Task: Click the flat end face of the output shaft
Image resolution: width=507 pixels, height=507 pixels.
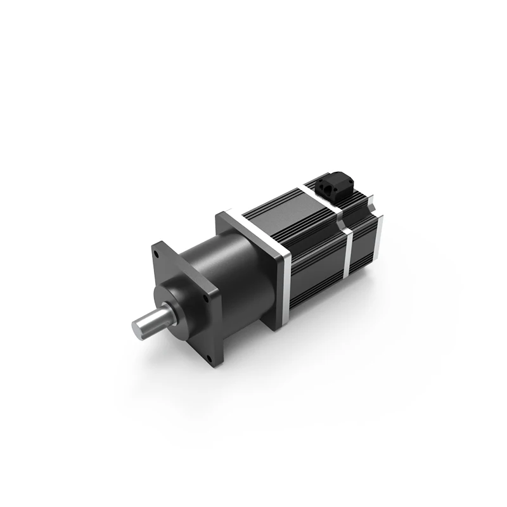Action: [x=140, y=328]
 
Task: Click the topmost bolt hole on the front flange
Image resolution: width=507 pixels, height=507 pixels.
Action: [x=154, y=252]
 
